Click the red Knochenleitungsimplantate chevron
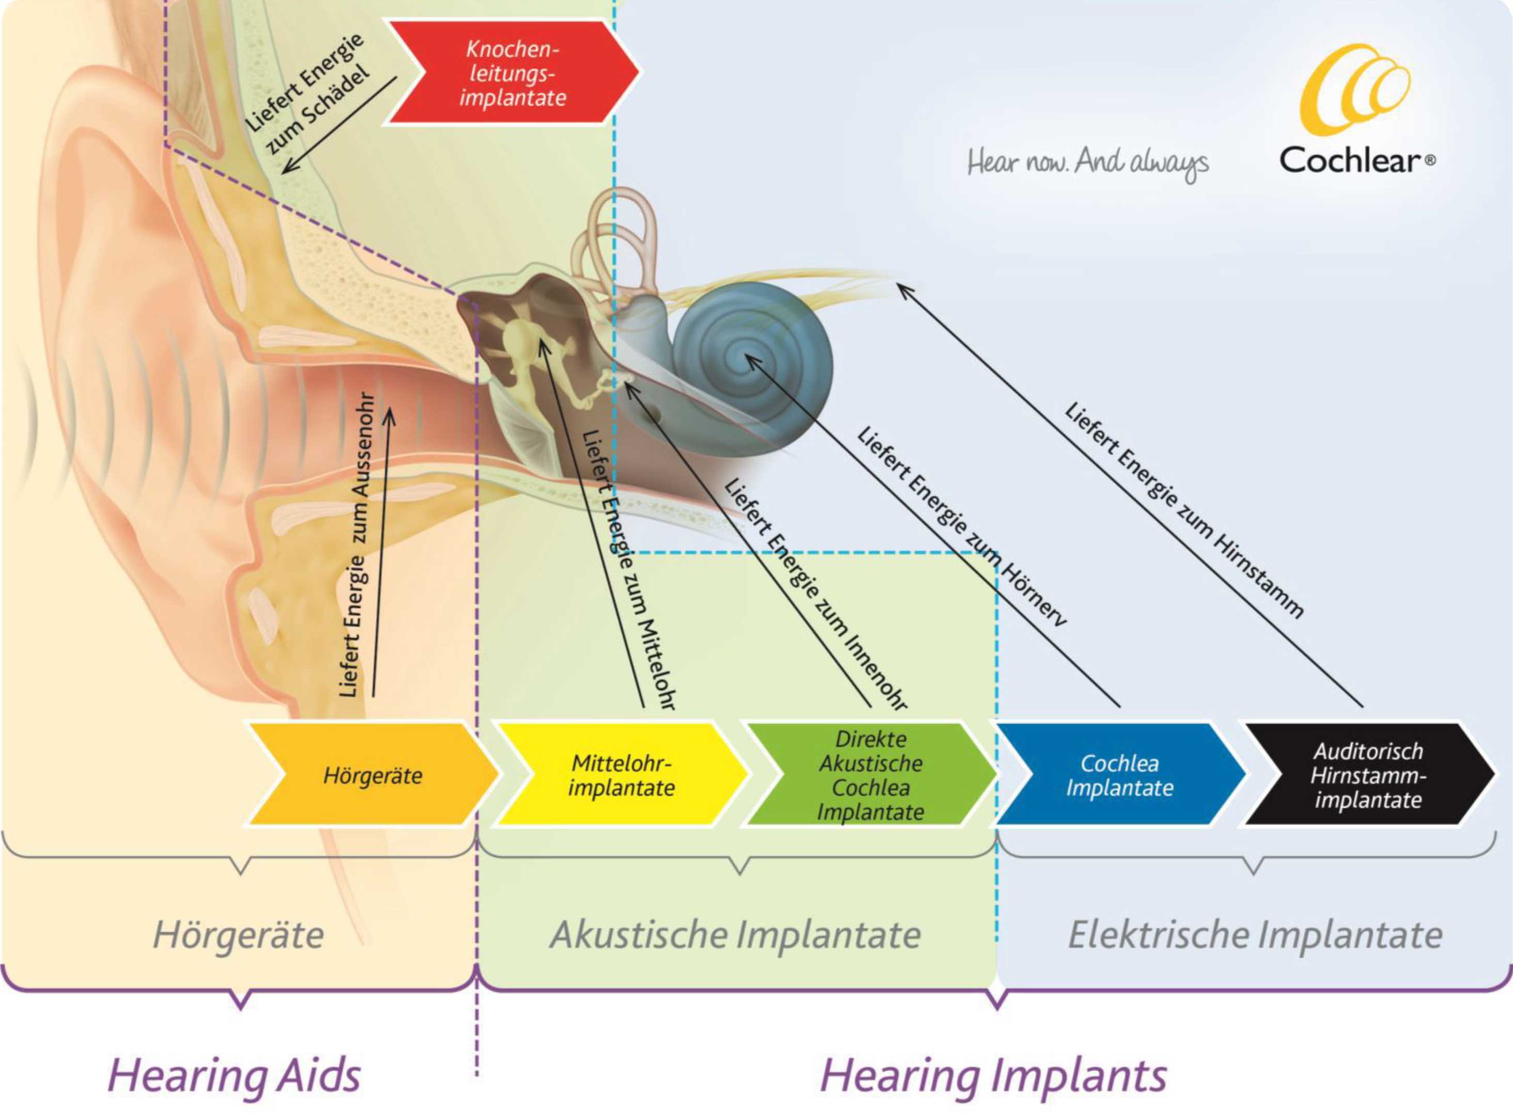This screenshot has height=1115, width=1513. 513,73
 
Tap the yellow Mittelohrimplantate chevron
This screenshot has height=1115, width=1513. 620,774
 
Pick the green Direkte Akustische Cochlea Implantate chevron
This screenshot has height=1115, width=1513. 870,774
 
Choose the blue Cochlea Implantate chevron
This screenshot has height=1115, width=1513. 1120,774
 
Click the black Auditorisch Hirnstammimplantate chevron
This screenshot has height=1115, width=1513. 1368,774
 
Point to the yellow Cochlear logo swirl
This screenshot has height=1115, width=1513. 1354,89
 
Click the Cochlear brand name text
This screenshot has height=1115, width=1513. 1356,160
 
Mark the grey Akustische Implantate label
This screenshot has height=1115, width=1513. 735,935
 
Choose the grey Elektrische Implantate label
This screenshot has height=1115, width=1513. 1255,935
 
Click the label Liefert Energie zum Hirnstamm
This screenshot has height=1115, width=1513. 1183,510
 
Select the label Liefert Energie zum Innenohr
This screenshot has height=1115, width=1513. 814,595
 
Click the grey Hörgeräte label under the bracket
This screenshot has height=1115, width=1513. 238,935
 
